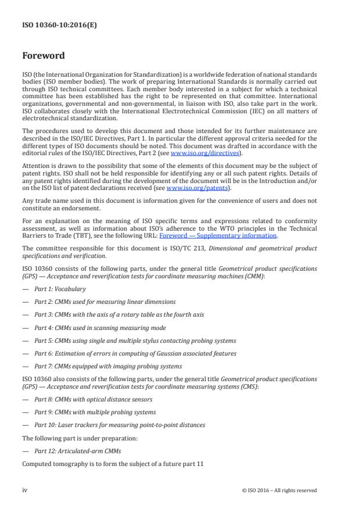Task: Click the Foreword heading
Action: pyautogui.click(x=44, y=56)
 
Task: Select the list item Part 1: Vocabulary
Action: pyautogui.click(x=60, y=289)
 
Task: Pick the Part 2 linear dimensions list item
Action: pyautogui.click(x=105, y=302)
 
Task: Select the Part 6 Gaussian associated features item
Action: pyautogui.click(x=135, y=353)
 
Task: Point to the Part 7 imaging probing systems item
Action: pyautogui.click(x=108, y=366)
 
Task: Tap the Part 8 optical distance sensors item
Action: pyautogui.click(x=93, y=399)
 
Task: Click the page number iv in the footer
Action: pyautogui.click(x=25, y=490)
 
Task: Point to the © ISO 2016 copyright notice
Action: pyautogui.click(x=279, y=490)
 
